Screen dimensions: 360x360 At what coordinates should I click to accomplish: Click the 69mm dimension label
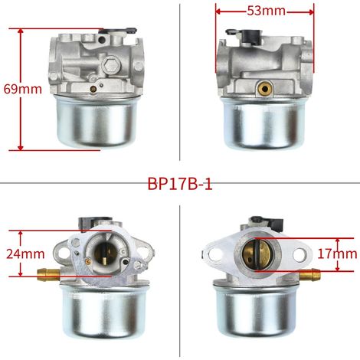[x=23, y=90]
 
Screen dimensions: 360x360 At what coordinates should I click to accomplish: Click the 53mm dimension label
[x=266, y=11]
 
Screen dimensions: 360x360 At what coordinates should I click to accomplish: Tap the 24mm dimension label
[x=25, y=254]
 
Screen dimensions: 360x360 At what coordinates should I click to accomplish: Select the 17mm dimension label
[x=337, y=254]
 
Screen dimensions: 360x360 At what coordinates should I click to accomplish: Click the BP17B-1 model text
[x=180, y=184]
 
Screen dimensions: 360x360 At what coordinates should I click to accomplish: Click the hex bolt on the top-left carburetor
[x=111, y=64]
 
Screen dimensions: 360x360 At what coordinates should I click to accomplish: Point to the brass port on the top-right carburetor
[x=264, y=88]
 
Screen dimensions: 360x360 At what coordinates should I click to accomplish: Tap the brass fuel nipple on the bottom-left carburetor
[x=48, y=274]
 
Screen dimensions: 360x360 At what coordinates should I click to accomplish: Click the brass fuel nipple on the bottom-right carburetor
[x=310, y=275]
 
